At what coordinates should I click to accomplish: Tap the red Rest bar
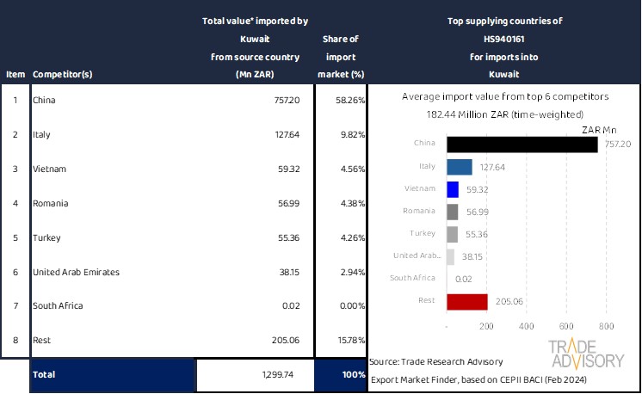(466, 301)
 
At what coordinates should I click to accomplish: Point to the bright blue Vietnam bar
(453, 189)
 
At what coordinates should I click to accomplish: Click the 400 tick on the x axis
(527, 327)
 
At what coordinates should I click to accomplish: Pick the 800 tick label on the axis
(606, 327)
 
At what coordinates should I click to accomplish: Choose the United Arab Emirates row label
(76, 272)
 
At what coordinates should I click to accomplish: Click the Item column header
(15, 74)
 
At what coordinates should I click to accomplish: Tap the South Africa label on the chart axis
(417, 279)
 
